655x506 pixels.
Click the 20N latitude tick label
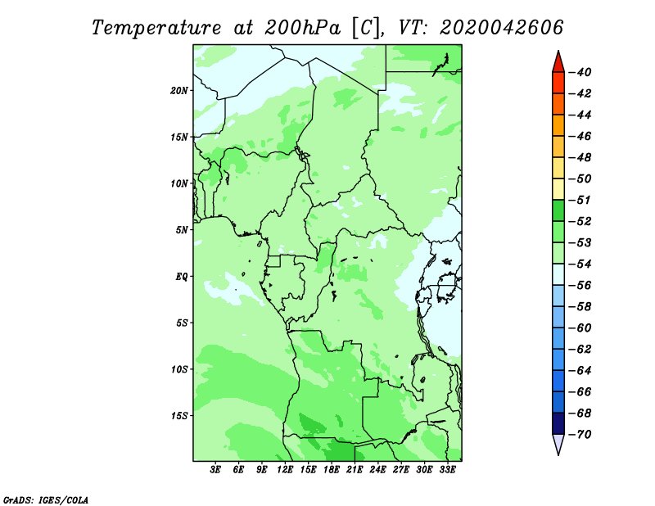[179, 91]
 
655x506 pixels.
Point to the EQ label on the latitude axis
[181, 277]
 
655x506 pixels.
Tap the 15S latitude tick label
[179, 416]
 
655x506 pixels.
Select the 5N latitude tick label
[182, 230]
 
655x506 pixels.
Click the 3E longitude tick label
[215, 469]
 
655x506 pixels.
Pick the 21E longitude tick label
[355, 469]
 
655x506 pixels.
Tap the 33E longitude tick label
[447, 469]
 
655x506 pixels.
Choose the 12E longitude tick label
[285, 469]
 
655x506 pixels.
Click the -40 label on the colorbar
[580, 72]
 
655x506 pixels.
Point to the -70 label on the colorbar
[580, 435]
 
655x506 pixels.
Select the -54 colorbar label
[580, 264]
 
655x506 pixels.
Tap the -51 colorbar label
[580, 200]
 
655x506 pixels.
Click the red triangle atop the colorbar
[558, 63]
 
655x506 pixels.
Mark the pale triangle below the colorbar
[558, 444]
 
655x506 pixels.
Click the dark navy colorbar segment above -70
[558, 423]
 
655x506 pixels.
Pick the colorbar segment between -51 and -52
[558, 210]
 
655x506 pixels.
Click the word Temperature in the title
[156, 29]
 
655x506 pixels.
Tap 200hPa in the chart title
[303, 28]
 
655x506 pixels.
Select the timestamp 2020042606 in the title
[502, 28]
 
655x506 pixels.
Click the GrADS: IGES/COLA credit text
[46, 499]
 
